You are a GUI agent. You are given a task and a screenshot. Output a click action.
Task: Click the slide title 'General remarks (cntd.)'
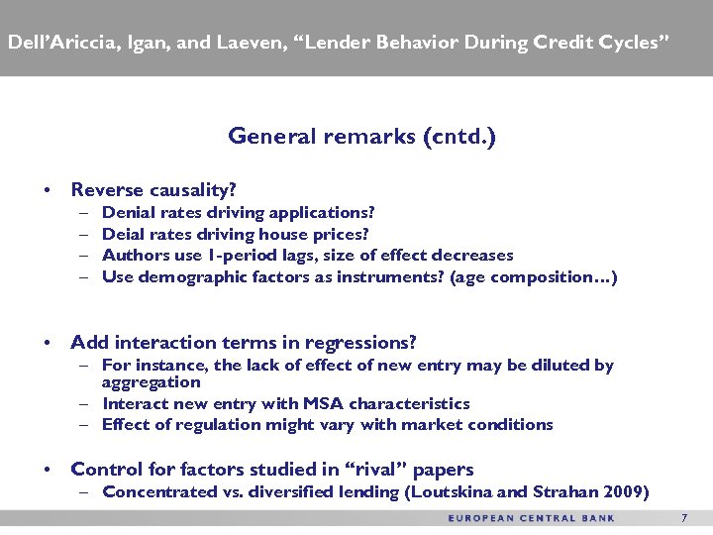361,136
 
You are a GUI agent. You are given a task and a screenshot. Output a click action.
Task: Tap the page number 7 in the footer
683,518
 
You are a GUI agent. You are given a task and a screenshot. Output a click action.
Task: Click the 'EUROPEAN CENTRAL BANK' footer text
531,518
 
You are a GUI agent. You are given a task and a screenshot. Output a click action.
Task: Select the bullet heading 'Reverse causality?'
153,189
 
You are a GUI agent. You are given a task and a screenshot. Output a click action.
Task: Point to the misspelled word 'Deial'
122,234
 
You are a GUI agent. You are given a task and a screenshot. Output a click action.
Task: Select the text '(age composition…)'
534,276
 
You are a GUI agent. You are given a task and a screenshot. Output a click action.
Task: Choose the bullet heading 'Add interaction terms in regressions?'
243,343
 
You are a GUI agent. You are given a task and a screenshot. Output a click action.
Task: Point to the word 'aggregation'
151,381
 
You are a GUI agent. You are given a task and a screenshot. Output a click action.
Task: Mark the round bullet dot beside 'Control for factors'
47,471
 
